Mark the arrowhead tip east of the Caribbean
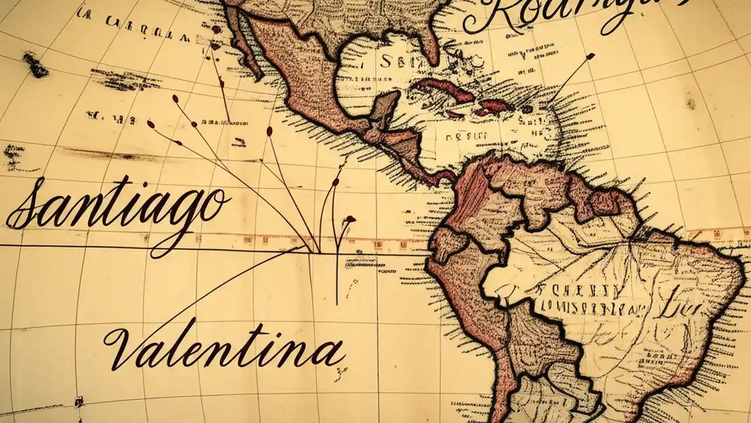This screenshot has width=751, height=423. [x=590, y=56]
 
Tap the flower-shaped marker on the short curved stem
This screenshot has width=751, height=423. [x=350, y=219]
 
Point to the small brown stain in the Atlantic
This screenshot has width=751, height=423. [x=691, y=103]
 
